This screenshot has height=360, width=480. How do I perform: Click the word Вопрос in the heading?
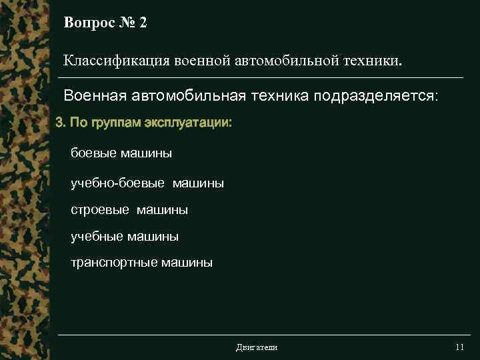pos(87,23)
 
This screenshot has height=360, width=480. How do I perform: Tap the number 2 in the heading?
pos(143,23)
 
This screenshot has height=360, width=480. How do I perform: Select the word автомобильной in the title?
pos(282,61)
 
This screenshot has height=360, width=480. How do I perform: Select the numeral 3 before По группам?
pos(59,124)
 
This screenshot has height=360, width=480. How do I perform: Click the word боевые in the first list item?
pos(94,153)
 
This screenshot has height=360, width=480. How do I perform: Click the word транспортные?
pos(114,263)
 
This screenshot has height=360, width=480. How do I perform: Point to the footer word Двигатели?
pos(257,347)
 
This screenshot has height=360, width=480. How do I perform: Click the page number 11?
pos(459,347)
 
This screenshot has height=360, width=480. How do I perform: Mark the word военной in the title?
pos(202,61)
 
